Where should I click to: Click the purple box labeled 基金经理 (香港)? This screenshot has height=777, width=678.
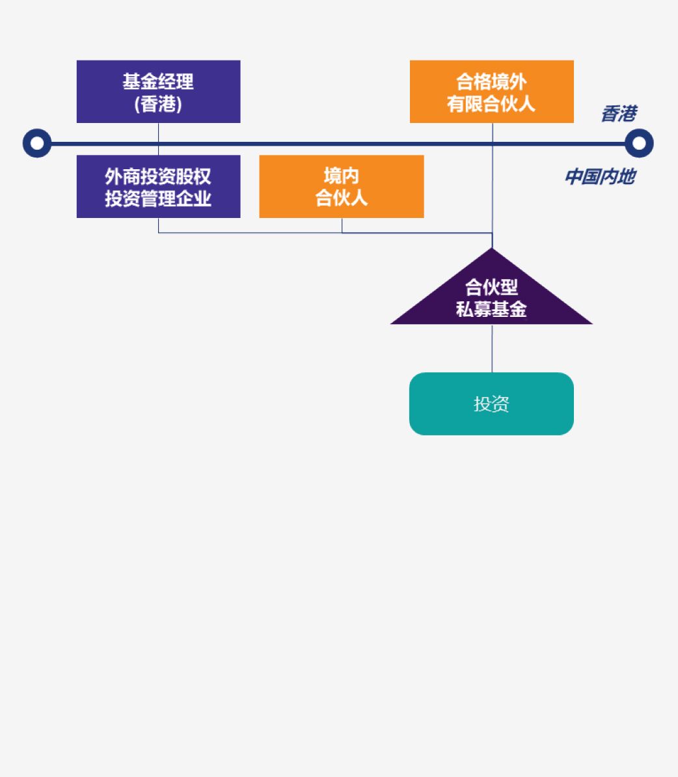click(158, 92)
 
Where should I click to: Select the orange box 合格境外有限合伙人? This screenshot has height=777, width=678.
click(491, 92)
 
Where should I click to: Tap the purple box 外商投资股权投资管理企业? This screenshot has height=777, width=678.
click(158, 186)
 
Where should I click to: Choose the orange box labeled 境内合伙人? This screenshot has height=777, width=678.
click(341, 186)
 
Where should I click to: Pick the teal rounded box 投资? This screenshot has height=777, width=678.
click(491, 403)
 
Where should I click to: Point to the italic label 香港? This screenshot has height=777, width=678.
click(618, 114)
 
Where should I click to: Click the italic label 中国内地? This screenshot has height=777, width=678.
click(599, 176)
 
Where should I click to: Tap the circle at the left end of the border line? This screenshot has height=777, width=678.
click(37, 143)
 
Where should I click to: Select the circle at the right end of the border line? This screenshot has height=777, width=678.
click(639, 143)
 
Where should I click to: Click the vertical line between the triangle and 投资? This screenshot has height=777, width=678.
click(492, 348)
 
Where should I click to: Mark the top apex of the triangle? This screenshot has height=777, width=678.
click(492, 250)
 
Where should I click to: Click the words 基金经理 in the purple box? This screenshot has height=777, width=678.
click(158, 81)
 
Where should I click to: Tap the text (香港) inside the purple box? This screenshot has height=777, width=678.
click(158, 103)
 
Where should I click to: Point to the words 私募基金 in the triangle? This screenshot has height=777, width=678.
click(491, 309)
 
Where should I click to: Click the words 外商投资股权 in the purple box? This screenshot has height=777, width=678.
click(158, 176)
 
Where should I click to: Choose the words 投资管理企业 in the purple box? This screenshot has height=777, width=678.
click(158, 198)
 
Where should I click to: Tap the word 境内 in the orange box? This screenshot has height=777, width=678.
click(341, 176)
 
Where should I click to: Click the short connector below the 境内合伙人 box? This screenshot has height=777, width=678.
click(342, 225)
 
